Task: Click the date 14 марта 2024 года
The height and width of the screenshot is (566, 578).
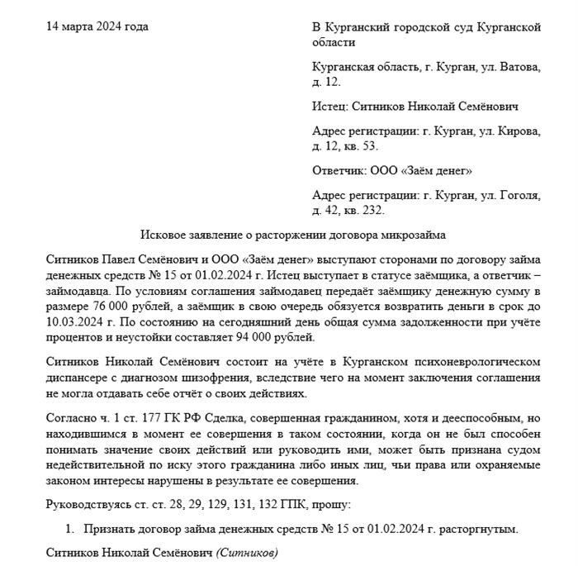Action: [97, 26]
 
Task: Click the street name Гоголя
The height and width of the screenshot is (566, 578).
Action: [519, 196]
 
